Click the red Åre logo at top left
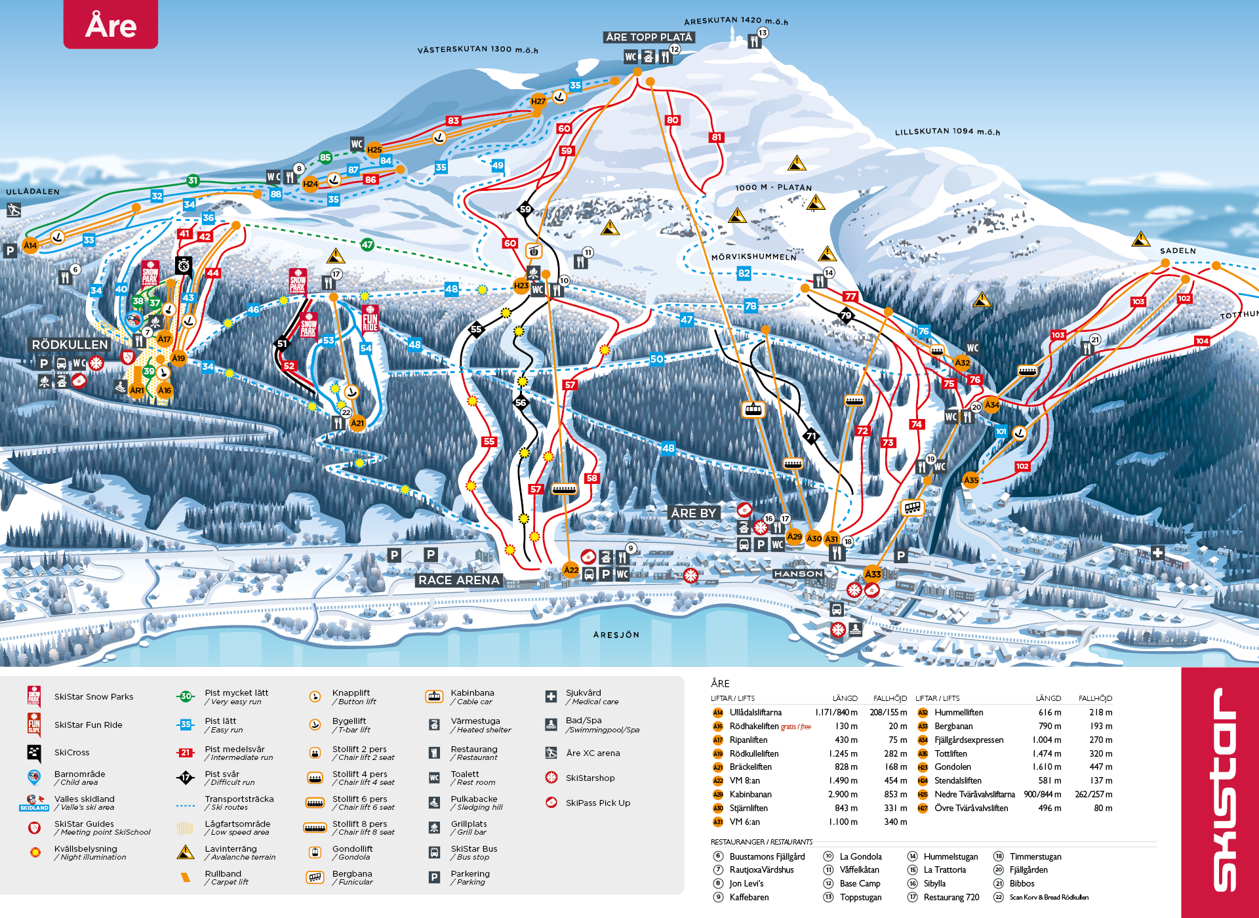pyautogui.click(x=110, y=25)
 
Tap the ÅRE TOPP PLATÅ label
pyautogui.click(x=648, y=37)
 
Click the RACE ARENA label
pyautogui.click(x=459, y=580)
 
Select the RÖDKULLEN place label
pyautogui.click(x=70, y=344)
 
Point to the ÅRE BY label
pyautogui.click(x=693, y=513)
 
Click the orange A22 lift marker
pyautogui.click(x=571, y=570)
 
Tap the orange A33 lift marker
pyautogui.click(x=873, y=574)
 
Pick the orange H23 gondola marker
pyautogui.click(x=521, y=285)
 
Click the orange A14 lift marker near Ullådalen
pyautogui.click(x=30, y=245)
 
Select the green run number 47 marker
pyautogui.click(x=367, y=245)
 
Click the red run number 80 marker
pyautogui.click(x=672, y=120)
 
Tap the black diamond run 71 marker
pyautogui.click(x=811, y=436)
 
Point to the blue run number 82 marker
pyautogui.click(x=744, y=273)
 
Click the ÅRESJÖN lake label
pyautogui.click(x=616, y=635)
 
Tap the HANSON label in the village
pyautogui.click(x=798, y=574)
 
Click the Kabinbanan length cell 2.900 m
pyautogui.click(x=843, y=794)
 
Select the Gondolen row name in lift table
pyautogui.click(x=952, y=767)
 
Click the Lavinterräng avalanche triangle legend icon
pyautogui.click(x=186, y=852)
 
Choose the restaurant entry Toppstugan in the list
pyautogui.click(x=860, y=897)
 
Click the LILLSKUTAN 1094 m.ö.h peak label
pyautogui.click(x=947, y=131)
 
